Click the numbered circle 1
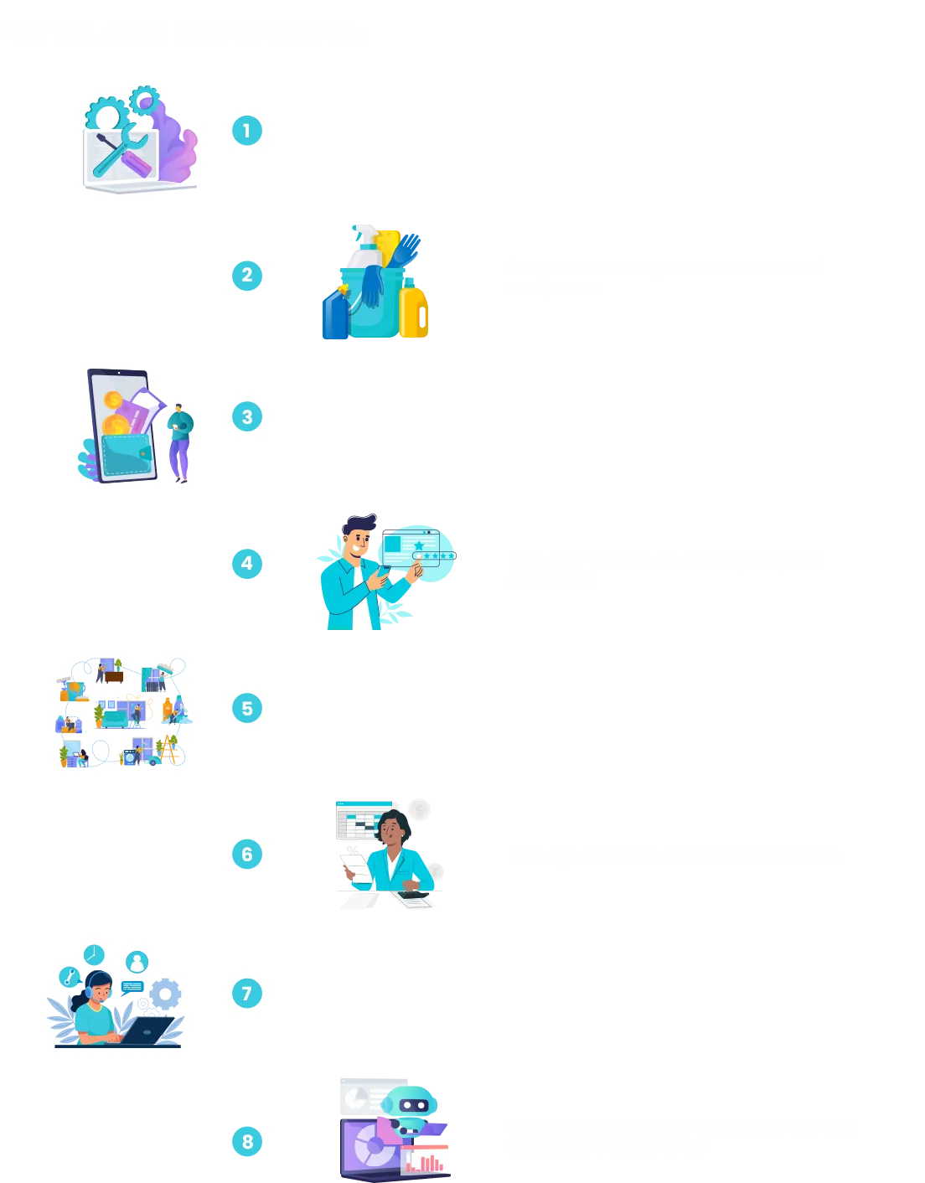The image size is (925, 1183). (x=247, y=131)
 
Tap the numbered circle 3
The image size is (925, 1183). (x=247, y=416)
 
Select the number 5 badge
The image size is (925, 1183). (x=247, y=708)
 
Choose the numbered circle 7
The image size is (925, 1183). (x=247, y=994)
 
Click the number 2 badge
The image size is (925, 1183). (x=246, y=274)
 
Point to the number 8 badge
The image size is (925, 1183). (x=247, y=1141)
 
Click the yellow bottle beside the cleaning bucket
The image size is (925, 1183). (x=413, y=312)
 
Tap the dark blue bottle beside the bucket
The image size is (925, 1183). (x=335, y=313)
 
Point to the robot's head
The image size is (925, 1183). (x=414, y=1103)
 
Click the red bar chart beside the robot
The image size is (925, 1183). (x=426, y=1161)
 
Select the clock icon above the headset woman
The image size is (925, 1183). (x=94, y=955)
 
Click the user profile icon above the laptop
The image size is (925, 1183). (x=137, y=962)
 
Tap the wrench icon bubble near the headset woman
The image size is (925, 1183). (x=70, y=976)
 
